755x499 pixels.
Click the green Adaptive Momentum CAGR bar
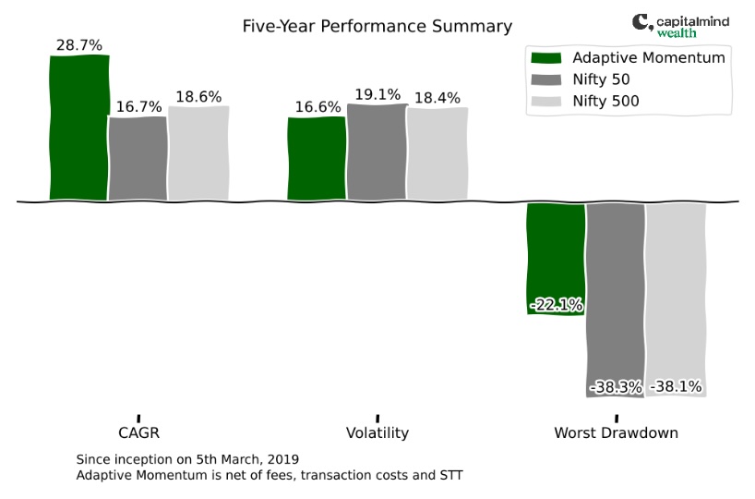point(79,128)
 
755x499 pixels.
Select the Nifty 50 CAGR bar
point(138,158)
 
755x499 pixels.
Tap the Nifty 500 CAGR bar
point(198,152)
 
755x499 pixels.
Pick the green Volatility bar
point(317,158)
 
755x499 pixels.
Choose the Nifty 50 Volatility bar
point(377,152)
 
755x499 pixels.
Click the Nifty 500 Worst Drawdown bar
point(676,300)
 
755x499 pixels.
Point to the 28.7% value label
point(79,45)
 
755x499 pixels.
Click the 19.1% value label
point(377,94)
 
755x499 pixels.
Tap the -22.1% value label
point(557,305)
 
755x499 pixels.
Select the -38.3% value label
point(616,387)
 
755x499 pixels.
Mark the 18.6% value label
point(198,97)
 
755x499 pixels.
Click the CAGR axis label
point(138,432)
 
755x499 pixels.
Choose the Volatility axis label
point(377,432)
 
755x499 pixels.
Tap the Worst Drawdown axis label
point(617,432)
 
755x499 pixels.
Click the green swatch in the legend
point(546,58)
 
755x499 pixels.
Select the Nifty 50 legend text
point(601,79)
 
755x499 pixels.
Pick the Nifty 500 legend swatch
point(546,102)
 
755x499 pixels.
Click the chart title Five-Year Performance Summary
point(377,26)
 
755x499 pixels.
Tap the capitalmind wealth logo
point(681,26)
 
